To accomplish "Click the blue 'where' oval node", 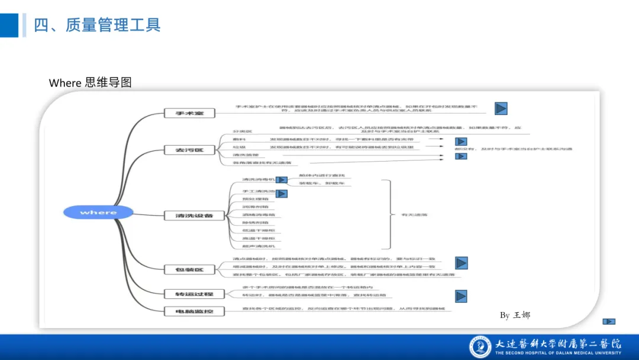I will click(x=98, y=212).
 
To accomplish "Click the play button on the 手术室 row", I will click(x=501, y=108).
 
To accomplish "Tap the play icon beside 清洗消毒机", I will click(x=282, y=180).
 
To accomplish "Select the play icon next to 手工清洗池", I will click(x=282, y=194).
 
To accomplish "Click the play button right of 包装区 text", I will click(x=461, y=263).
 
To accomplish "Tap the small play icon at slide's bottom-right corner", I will click(x=609, y=322).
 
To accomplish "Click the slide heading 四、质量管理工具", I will click(x=98, y=25).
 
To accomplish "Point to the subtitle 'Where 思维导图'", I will click(x=90, y=83).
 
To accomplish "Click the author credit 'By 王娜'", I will click(x=515, y=315).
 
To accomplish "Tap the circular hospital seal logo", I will click(x=480, y=347).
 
